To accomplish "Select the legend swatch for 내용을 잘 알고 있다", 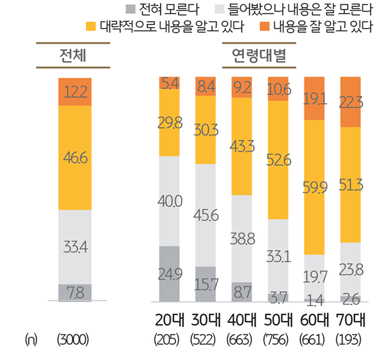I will click(265, 26).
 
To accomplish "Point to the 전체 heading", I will click(73, 55).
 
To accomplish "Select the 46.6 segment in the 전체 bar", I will click(75, 157).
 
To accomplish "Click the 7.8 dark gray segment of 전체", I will click(75, 293).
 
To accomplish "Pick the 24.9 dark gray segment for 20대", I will click(169, 273).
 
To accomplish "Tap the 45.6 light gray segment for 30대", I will click(205, 215).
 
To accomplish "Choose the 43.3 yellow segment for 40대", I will click(242, 146).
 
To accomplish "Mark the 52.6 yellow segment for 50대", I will click(278, 159).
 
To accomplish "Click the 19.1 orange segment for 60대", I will click(314, 99).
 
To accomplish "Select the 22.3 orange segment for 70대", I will click(350, 102).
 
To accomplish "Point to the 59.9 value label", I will click(314, 187).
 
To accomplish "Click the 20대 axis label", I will click(169, 320).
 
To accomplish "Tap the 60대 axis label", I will click(314, 320).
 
